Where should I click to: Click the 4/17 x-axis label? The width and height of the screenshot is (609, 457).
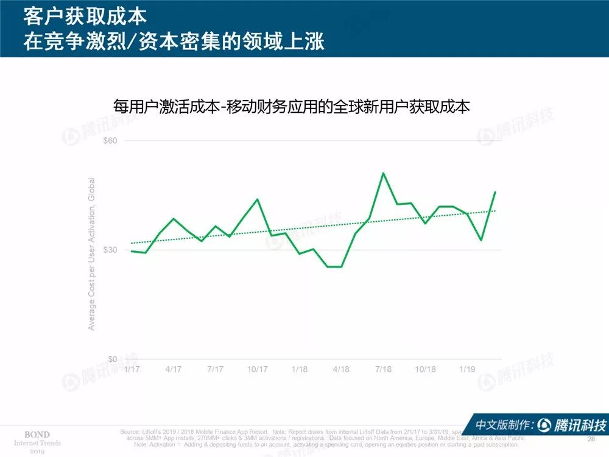click(x=174, y=369)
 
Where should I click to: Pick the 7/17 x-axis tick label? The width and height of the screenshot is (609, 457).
click(x=216, y=369)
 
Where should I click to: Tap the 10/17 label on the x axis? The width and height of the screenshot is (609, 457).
click(x=257, y=369)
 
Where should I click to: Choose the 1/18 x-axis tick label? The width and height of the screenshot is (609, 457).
click(x=300, y=369)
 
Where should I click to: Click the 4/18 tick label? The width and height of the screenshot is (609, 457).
click(x=341, y=369)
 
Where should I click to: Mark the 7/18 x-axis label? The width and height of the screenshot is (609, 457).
click(x=383, y=369)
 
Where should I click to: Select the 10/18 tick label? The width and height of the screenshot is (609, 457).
click(x=425, y=369)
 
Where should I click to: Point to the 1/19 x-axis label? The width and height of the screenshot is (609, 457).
click(x=467, y=369)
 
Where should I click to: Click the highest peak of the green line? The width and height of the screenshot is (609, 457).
click(x=383, y=173)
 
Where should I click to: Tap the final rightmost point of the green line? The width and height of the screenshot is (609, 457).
click(x=495, y=192)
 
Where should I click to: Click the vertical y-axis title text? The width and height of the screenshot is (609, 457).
click(x=92, y=254)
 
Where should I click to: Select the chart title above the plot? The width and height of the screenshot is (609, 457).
click(x=292, y=106)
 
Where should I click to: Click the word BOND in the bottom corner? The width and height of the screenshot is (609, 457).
click(x=37, y=434)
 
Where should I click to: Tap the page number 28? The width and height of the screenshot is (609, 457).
click(x=590, y=439)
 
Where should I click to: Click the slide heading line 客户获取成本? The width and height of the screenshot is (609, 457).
click(x=85, y=15)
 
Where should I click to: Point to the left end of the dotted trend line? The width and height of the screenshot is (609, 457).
click(x=132, y=243)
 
